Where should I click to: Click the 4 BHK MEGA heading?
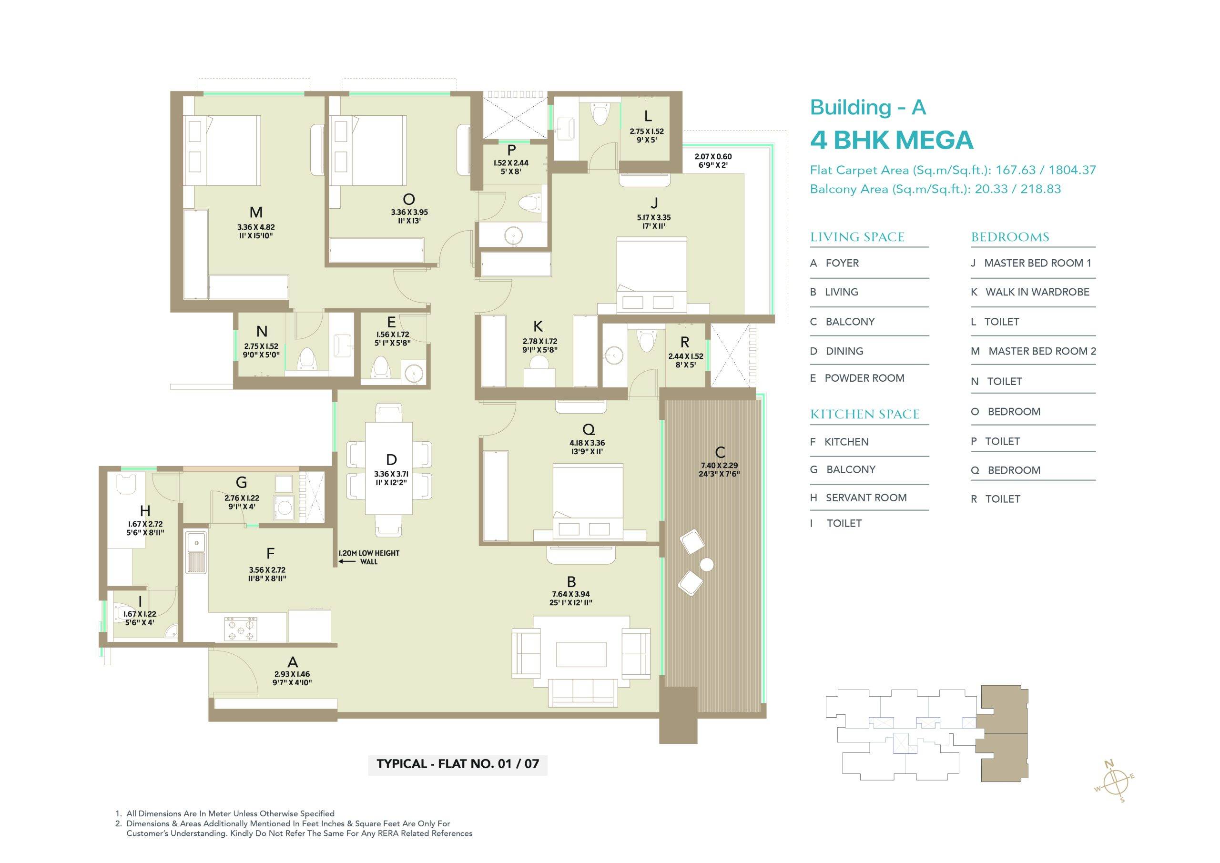click(891, 140)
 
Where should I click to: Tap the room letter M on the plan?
click(256, 213)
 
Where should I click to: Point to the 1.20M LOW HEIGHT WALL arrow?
click(347, 561)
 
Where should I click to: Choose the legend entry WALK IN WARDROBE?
click(1037, 292)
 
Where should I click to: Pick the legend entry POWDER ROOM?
click(864, 378)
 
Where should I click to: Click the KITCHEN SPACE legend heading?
click(864, 415)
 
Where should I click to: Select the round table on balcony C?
click(707, 564)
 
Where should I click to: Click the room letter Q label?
click(588, 429)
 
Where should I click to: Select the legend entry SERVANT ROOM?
click(866, 498)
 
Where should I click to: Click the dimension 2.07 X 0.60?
click(713, 157)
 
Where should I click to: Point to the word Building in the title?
click(850, 108)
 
